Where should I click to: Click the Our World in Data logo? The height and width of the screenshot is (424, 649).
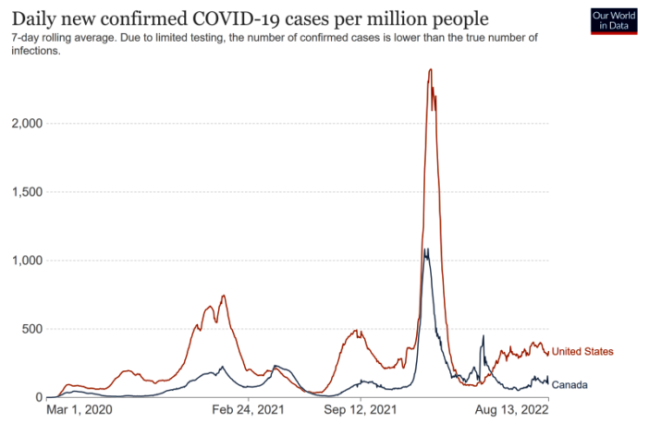click(x=614, y=21)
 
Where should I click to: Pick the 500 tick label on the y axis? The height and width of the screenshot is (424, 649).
click(x=31, y=329)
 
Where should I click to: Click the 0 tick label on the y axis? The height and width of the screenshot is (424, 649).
click(x=40, y=397)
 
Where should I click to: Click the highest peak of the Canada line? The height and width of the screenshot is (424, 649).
click(x=425, y=249)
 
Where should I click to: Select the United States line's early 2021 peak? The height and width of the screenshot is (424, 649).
click(x=224, y=296)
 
